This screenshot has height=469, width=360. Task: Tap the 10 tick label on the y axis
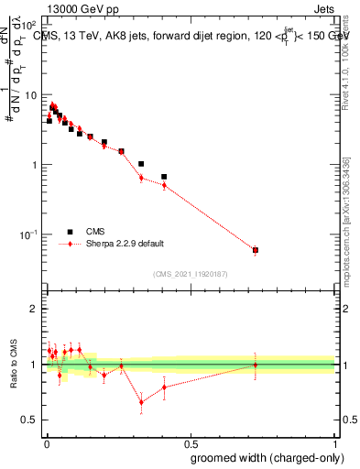point(31,95)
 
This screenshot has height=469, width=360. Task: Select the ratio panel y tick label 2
point(33,309)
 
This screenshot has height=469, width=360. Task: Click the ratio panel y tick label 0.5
point(29,420)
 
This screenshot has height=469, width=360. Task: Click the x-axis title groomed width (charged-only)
point(263,456)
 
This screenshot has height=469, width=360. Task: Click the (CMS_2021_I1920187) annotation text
point(191,274)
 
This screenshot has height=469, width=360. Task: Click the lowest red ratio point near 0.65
point(141,401)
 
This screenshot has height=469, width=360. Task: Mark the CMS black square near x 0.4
point(164,177)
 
